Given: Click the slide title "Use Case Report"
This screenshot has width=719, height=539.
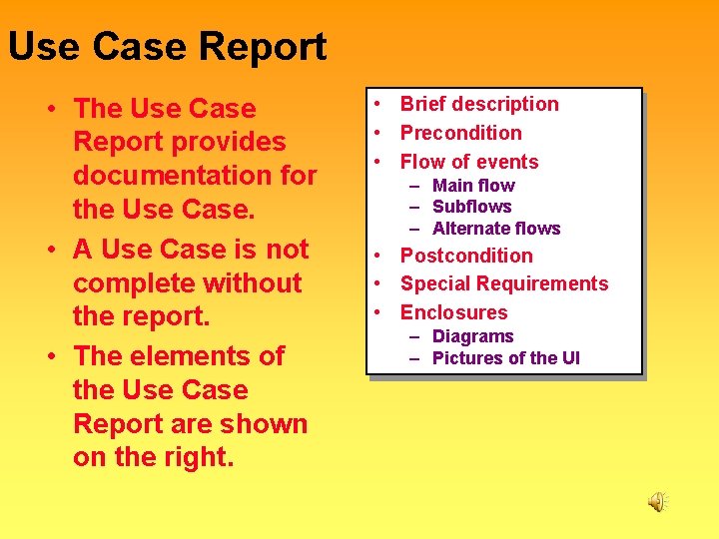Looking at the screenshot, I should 167,47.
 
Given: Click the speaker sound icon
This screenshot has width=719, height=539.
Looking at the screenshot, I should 657,502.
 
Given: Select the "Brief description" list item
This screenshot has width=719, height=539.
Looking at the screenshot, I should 479,104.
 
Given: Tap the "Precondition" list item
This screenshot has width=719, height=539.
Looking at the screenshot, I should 460,133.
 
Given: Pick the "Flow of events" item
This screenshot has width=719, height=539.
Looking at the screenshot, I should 469,162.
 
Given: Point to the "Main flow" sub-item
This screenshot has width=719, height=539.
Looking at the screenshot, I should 473,186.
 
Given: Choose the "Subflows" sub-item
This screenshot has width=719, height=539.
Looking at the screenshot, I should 471,207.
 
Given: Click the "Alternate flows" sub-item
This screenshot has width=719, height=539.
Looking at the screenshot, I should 496,229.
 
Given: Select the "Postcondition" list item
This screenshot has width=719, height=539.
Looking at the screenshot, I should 466,256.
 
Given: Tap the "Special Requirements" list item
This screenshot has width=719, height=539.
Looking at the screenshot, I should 503,283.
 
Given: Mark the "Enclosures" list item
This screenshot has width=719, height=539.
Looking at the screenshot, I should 453,312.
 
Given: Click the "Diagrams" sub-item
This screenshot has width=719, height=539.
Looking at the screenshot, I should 472,336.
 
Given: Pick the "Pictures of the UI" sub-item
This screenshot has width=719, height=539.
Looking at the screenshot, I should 505,358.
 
